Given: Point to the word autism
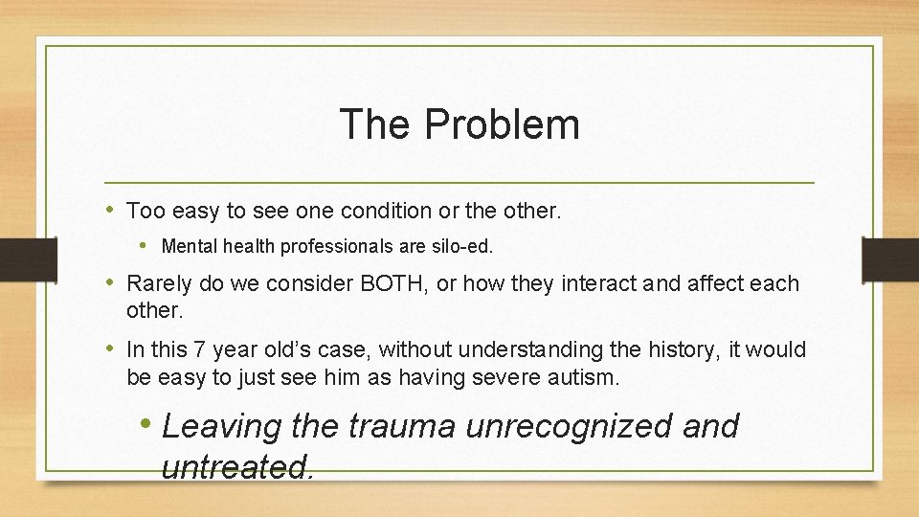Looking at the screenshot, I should pos(585,377).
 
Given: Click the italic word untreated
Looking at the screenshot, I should pos(236,467).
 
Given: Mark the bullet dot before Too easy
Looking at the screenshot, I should pos(111,209).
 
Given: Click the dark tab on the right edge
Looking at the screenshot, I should pos(890,258).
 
